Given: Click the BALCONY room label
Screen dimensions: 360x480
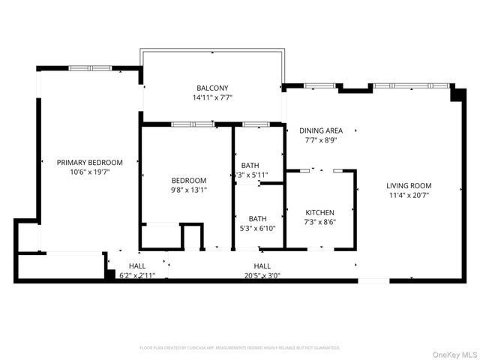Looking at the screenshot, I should pos(212,88).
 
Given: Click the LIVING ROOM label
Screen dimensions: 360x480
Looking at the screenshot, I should pos(409,185).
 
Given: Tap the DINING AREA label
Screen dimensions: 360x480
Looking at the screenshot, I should pos(321,130).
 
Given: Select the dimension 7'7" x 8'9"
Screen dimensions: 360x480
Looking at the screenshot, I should pos(321,139).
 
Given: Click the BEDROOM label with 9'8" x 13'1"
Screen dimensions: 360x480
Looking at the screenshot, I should pos(188,180).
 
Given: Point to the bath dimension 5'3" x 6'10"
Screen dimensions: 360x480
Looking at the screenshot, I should pos(258,228).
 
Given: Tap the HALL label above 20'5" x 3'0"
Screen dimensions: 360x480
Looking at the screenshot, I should pos(262,266).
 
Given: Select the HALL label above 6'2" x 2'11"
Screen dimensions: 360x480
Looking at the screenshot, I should pos(137,266).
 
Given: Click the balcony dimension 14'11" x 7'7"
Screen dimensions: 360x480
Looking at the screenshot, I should pos(212,97).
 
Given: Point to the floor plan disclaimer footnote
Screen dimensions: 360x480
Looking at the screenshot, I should pos(240,348).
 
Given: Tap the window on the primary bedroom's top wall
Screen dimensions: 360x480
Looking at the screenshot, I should pos(91,68).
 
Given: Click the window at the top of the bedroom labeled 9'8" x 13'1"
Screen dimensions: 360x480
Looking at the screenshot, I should pos(181,124).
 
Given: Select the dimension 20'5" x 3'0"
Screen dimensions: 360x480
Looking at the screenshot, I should pos(262,275).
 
